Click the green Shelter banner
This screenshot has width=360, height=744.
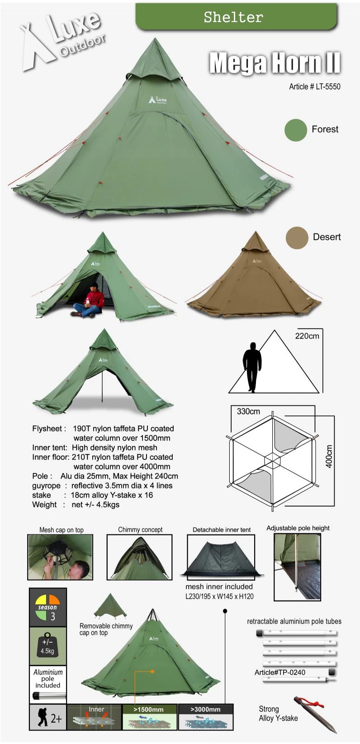click(236, 16)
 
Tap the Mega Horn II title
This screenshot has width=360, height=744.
click(275, 62)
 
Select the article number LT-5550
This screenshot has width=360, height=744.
click(314, 87)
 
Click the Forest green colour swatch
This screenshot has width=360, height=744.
click(296, 130)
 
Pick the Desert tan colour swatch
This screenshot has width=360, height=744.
click(297, 238)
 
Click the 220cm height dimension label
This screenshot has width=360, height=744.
click(307, 336)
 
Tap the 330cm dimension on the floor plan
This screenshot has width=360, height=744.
click(248, 411)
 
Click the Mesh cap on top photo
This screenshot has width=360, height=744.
click(60, 557)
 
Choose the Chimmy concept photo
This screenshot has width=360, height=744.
click(139, 557)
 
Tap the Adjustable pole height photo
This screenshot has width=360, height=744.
click(297, 567)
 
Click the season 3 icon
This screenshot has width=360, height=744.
click(48, 607)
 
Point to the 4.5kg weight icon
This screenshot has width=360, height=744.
click(48, 646)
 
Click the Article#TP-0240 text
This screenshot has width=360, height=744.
click(279, 672)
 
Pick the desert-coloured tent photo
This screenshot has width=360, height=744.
click(254, 276)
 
